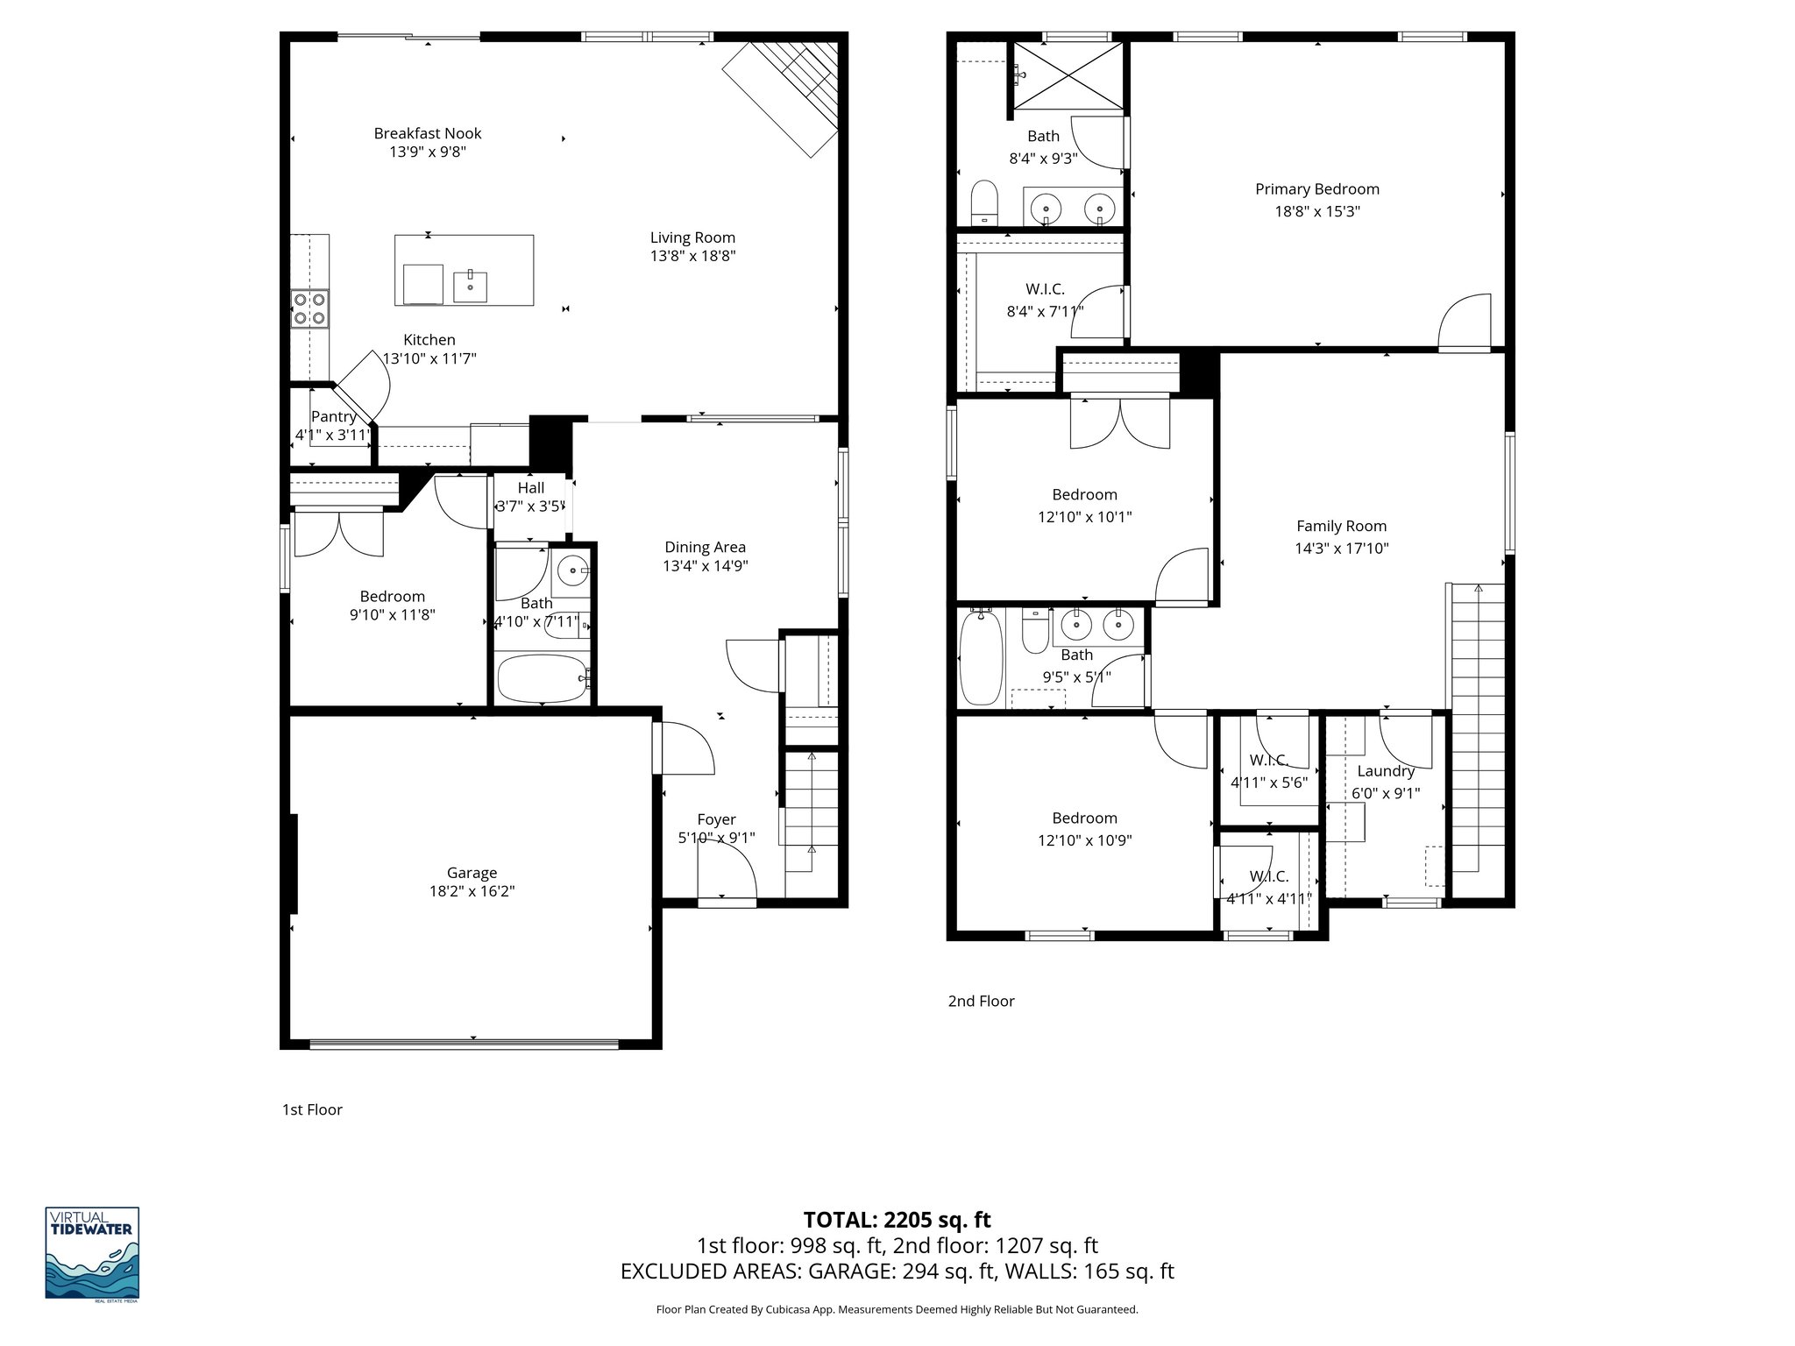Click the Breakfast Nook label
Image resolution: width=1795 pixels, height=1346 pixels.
pos(428,133)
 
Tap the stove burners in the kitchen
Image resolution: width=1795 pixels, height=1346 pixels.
pos(309,308)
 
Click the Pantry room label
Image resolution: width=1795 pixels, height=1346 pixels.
pos(333,416)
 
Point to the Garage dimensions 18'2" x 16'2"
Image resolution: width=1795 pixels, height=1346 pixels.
pos(472,891)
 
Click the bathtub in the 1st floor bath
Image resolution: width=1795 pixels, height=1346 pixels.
pos(542,679)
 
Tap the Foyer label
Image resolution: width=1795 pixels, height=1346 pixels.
pos(716,819)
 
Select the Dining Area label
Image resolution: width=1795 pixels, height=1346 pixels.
pos(705,547)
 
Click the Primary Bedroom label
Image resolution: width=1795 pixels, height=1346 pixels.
pos(1316,189)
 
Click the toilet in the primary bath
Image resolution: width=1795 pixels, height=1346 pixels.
pos(985,202)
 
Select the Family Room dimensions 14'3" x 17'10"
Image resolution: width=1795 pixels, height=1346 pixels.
pos(1342,549)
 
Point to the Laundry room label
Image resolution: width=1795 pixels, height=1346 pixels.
pos(1385,771)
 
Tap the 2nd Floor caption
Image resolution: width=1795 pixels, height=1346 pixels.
pos(981,1001)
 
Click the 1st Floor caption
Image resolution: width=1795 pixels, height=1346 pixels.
pos(312,1109)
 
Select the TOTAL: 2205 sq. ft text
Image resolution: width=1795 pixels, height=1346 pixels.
pos(897,1220)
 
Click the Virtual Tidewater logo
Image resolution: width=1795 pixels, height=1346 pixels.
pos(92,1253)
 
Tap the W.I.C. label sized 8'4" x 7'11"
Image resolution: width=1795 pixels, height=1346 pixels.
pos(1045,289)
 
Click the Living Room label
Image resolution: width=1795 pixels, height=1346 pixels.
pos(692,237)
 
